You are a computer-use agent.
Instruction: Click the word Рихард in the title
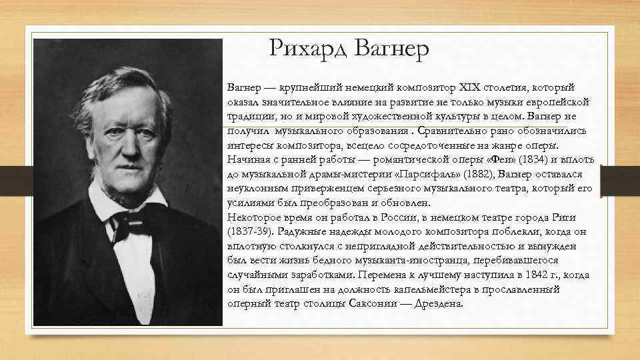[x=309, y=49]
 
